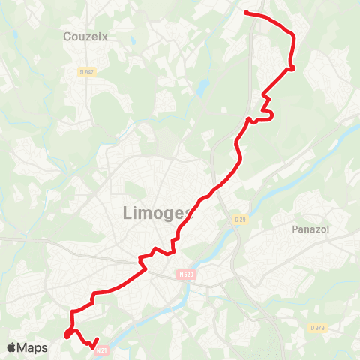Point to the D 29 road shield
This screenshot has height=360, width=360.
pos(239,219)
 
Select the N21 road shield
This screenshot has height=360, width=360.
pos(103,348)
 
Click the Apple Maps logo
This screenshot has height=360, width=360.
pos(27,347)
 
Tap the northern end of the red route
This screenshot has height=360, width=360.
pos(246,12)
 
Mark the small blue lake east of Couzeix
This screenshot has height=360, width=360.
pos(200,88)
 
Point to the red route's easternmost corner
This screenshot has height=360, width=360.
pos(292,67)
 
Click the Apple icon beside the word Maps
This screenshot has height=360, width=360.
pos(11,347)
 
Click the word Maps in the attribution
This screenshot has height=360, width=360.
pos(33,347)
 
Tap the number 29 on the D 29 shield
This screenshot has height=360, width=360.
pos(241,219)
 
